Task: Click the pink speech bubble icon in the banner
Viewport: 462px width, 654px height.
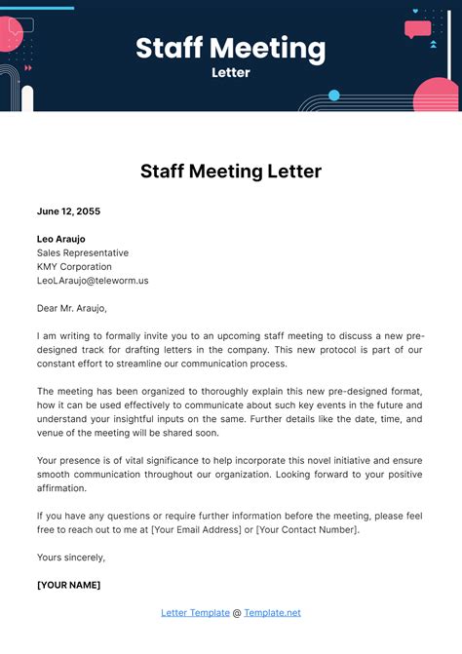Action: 417,29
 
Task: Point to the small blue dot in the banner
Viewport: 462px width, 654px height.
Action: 334,96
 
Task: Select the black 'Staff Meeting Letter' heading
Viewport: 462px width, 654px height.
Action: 230,172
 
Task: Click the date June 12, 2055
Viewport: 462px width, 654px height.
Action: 68,211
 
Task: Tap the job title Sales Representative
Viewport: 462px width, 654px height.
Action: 82,252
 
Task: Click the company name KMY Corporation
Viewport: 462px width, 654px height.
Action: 74,266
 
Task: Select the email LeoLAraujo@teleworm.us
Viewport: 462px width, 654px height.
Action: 93,280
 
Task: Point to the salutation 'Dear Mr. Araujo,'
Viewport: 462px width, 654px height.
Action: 77,307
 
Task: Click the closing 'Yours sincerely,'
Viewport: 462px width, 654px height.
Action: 70,557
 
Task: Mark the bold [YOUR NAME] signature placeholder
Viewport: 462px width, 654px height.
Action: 68,585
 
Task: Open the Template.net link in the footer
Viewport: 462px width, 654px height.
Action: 272,612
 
